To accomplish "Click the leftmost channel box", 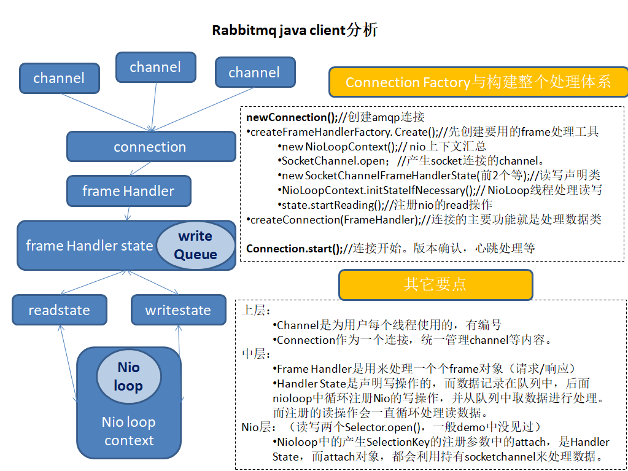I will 59,78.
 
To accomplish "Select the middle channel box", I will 155,67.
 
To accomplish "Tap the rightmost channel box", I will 254,72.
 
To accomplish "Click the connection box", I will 150,147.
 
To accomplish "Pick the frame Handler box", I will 128,191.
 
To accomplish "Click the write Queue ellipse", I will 195,245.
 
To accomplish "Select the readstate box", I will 59,310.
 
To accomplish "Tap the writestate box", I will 178,310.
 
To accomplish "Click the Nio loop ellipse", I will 129,376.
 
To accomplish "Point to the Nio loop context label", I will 129,431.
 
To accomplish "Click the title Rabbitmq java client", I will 294,31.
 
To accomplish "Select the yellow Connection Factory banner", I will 478,82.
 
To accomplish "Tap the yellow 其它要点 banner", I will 435,284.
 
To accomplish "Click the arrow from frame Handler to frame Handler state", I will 127,214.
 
